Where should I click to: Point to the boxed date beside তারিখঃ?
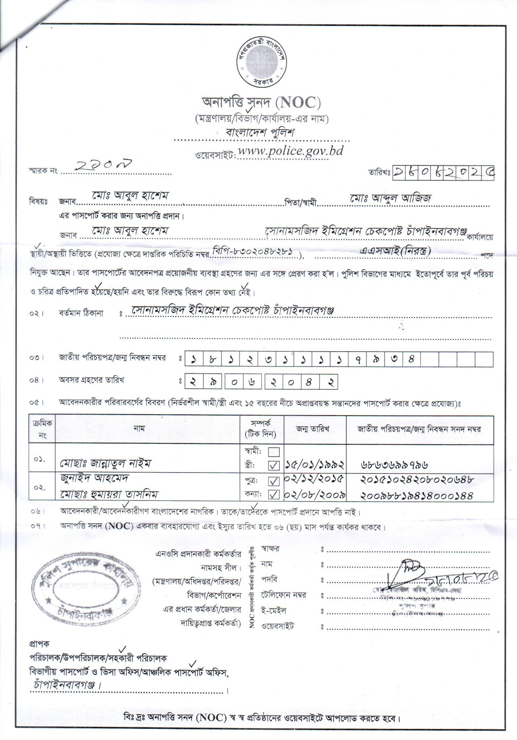[x=444, y=173]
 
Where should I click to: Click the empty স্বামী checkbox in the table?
[x=273, y=452]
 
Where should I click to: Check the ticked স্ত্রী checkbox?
[x=273, y=466]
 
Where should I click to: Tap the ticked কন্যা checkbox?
[x=273, y=495]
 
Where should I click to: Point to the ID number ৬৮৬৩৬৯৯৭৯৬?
[x=394, y=465]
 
